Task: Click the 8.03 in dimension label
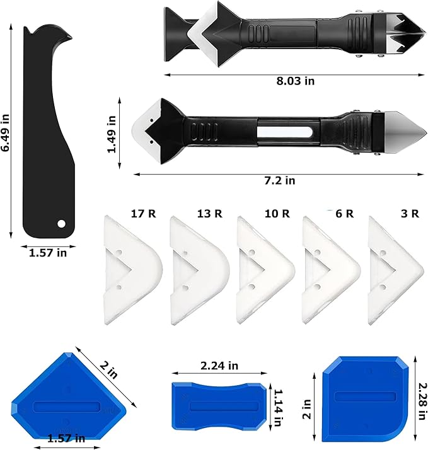click(x=296, y=81)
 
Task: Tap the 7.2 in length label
click(x=280, y=181)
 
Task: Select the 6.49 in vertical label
click(x=6, y=132)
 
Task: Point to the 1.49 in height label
click(x=112, y=134)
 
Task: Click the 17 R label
click(x=143, y=214)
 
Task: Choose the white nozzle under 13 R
click(x=200, y=270)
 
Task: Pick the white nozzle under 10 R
click(x=266, y=270)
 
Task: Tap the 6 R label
click(x=344, y=214)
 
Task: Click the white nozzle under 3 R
click(x=396, y=270)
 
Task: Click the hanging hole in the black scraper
click(x=61, y=224)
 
